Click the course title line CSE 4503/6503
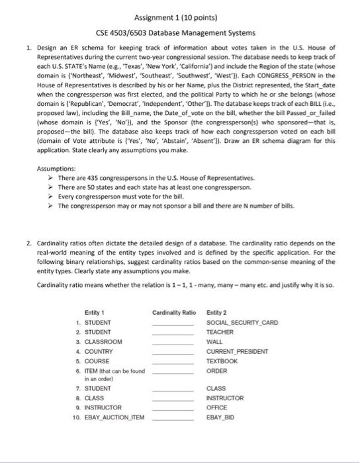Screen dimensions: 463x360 [x=180, y=32]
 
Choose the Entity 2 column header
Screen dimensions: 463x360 [x=217, y=312]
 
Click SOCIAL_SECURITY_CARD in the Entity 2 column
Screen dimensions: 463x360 [x=242, y=322]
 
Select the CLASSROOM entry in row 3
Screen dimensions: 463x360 [x=104, y=341]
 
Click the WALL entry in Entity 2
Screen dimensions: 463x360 [x=214, y=341]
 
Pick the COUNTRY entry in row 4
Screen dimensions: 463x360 [x=100, y=351]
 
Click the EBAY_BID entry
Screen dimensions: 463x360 [x=221, y=419]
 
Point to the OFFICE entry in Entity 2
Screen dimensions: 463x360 [x=218, y=409]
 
